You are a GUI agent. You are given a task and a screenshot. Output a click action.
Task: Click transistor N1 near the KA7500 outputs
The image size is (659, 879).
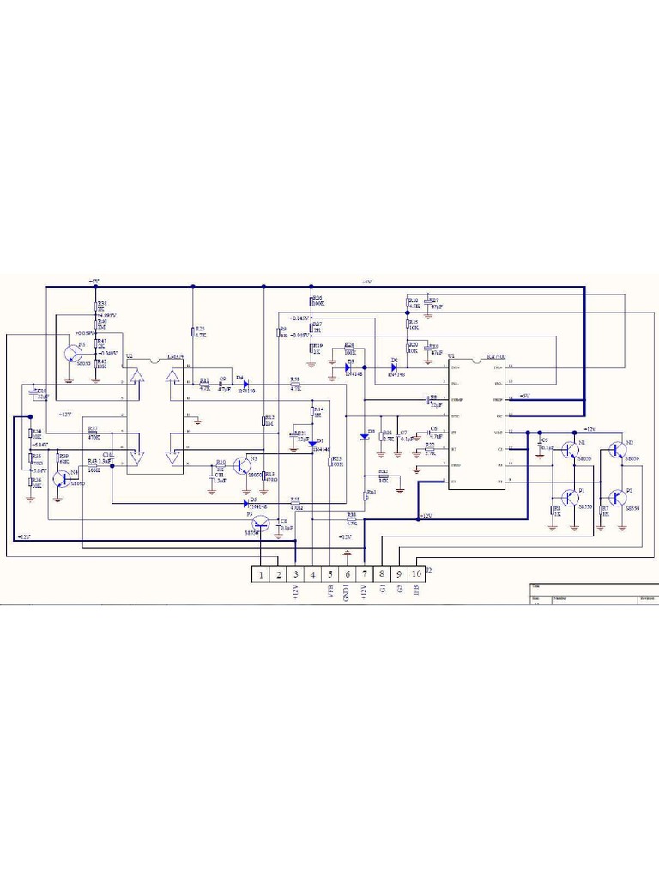click(570, 449)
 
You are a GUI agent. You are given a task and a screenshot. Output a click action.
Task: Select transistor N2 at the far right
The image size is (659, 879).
click(617, 449)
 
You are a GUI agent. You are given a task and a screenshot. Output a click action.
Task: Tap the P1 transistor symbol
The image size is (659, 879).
click(570, 497)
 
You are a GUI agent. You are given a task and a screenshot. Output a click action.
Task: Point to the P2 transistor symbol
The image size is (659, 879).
click(617, 497)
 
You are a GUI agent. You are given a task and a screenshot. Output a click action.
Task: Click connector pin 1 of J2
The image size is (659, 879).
click(260, 573)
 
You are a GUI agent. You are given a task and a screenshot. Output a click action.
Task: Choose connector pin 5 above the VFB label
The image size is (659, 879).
click(330, 573)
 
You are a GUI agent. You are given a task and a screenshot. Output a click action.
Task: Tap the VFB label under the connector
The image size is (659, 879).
click(330, 591)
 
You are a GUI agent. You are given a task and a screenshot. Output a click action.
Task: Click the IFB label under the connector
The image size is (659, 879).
click(416, 591)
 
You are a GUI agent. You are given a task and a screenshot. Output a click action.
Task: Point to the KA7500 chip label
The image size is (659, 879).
click(495, 355)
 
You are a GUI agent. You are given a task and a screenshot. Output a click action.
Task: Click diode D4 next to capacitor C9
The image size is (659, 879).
click(244, 383)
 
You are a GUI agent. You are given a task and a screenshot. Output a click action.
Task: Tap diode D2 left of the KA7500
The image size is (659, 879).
click(393, 367)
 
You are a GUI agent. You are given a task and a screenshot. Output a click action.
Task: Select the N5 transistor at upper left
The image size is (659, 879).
click(73, 354)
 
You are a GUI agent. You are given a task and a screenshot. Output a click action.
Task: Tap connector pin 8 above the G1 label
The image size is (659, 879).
click(382, 573)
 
